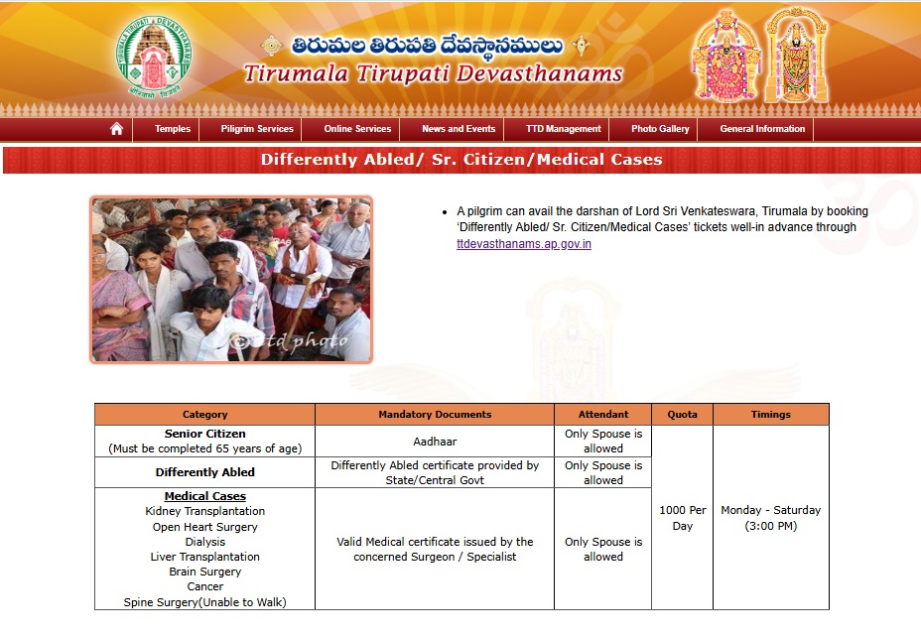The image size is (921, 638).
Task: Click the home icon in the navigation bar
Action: (x=117, y=129)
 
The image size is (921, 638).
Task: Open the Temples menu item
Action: (x=173, y=129)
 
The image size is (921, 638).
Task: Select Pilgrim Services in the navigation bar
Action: (x=257, y=129)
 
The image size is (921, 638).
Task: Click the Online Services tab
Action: (x=357, y=129)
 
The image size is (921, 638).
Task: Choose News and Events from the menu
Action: (x=459, y=129)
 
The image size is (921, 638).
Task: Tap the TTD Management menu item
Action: (x=564, y=129)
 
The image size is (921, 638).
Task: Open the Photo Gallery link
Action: (x=660, y=129)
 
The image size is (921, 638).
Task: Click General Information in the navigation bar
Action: (x=762, y=129)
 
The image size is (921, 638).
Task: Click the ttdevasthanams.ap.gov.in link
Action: (x=524, y=244)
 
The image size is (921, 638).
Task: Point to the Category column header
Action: (x=205, y=415)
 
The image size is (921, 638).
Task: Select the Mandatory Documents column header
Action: (x=435, y=415)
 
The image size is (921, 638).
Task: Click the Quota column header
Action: (x=683, y=415)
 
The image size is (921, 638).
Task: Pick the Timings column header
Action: (x=771, y=415)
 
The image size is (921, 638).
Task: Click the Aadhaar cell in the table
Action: (x=435, y=442)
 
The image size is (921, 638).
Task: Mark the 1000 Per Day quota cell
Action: (x=683, y=518)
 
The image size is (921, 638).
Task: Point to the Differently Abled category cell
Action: (x=205, y=472)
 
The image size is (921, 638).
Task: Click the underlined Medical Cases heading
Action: (x=205, y=496)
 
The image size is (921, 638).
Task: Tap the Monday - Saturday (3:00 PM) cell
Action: (x=771, y=518)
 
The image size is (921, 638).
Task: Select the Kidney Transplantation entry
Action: (x=205, y=511)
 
